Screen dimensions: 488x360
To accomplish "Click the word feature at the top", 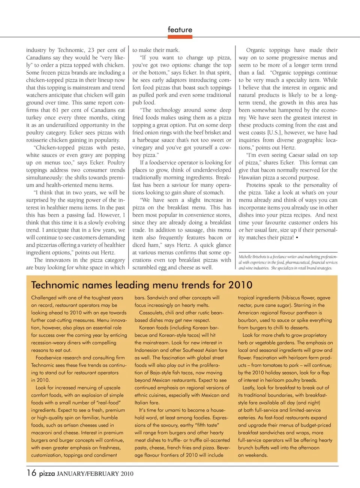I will coord(180,30).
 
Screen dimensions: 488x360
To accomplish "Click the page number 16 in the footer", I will coord(31,473).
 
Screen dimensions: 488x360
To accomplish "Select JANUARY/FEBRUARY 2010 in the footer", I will coord(95,474).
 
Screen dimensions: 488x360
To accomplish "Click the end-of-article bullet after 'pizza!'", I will coord(297,238).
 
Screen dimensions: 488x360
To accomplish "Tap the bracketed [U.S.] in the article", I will coord(274,133).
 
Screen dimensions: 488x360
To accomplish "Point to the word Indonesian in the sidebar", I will coord(148,350).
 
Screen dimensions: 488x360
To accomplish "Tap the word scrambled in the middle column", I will coord(145,268).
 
